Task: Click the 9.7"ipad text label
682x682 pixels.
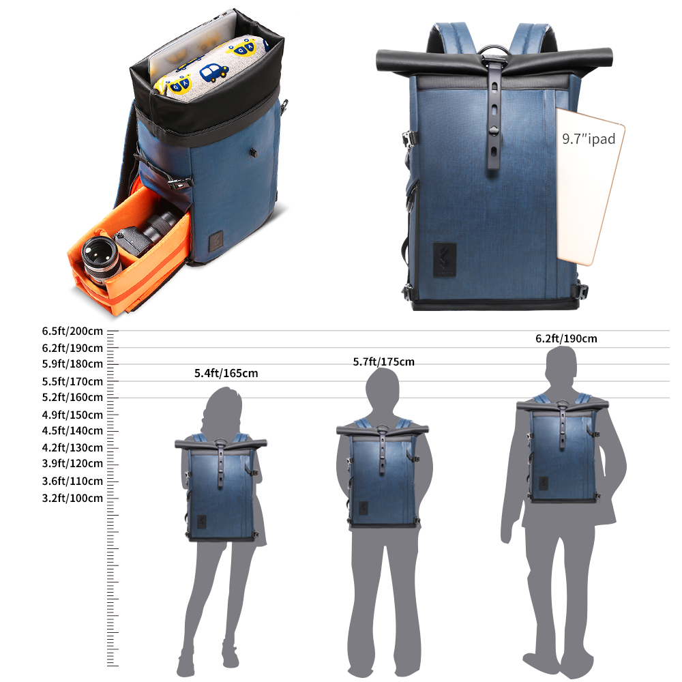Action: (x=589, y=138)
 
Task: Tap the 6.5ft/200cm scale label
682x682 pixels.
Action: (x=73, y=331)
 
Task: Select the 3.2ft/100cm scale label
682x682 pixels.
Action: (x=73, y=498)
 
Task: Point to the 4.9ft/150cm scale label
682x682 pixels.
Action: (x=73, y=415)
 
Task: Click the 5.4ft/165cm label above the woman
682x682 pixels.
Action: (x=226, y=373)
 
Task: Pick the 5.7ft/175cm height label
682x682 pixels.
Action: (x=383, y=362)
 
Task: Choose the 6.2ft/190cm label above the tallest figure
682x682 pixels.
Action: (x=566, y=338)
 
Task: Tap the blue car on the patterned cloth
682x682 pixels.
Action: (x=213, y=72)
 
